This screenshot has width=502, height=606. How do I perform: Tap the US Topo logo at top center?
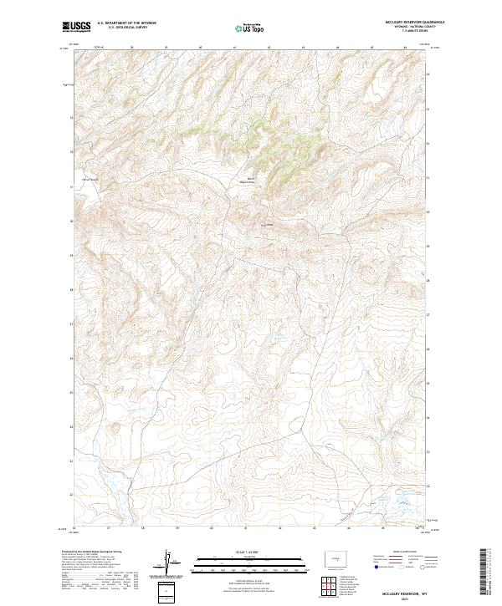pyautogui.click(x=251, y=28)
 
